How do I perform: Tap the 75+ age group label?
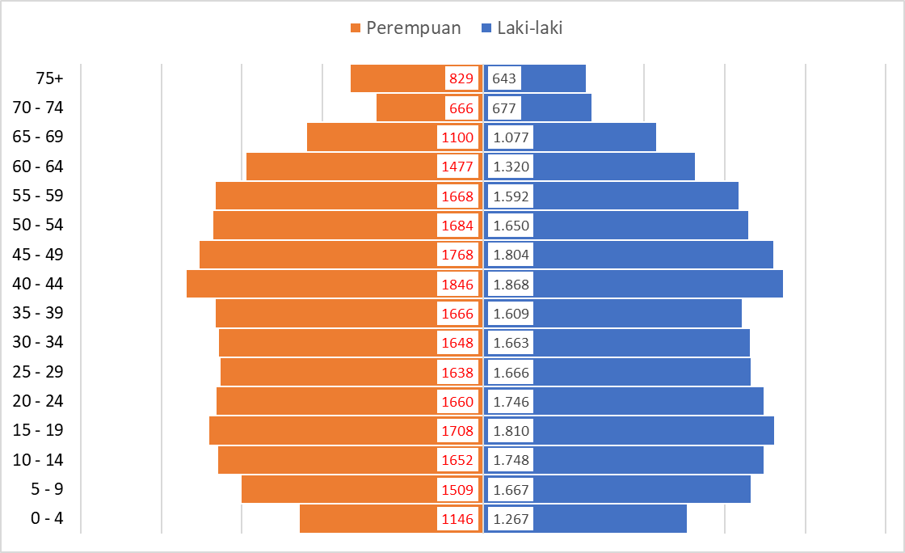tap(49, 78)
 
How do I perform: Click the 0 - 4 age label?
tap(47, 518)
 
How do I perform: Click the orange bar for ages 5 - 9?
tap(339, 489)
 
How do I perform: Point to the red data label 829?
tap(461, 78)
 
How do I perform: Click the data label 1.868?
tap(511, 285)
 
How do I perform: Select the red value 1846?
tap(457, 285)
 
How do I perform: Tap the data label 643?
tap(504, 78)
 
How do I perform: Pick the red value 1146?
tap(457, 519)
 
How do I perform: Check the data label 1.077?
tap(511, 137)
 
